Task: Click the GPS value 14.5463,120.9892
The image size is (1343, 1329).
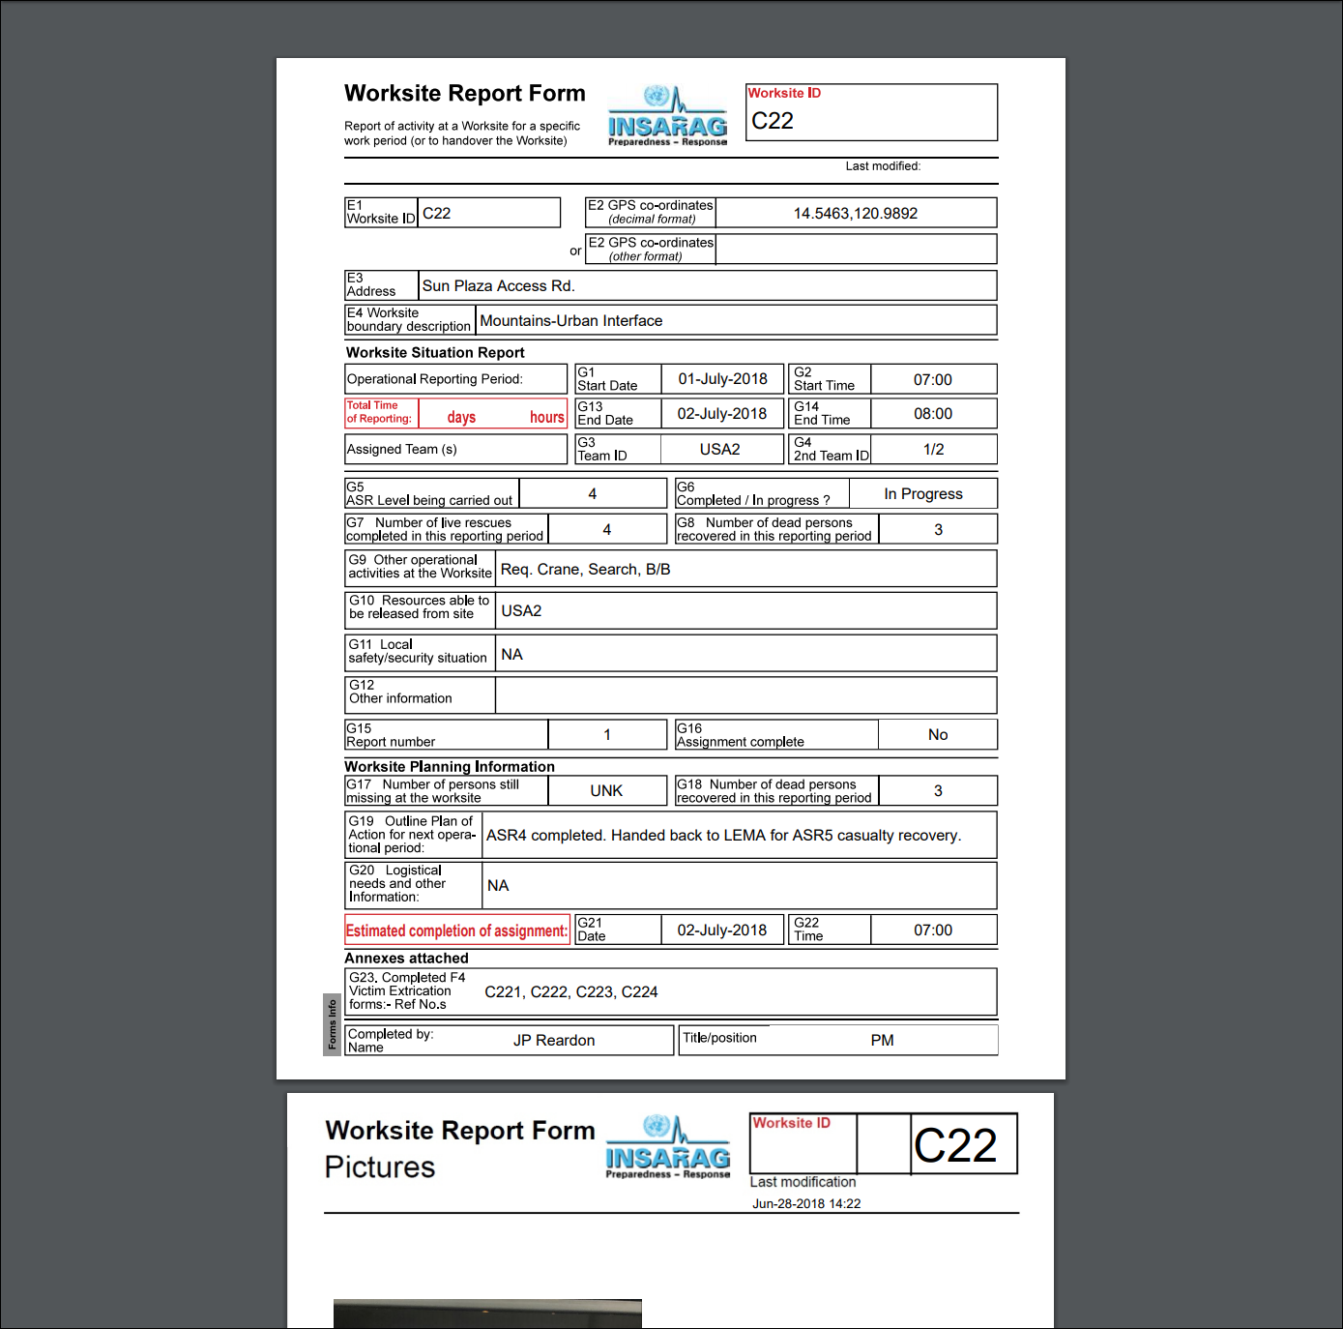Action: pos(855,214)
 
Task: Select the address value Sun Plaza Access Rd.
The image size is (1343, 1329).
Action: pos(498,286)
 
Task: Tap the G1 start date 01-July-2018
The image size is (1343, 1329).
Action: pos(722,379)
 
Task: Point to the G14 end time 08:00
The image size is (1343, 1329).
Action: pos(933,414)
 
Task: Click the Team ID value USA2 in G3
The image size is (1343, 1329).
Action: pos(719,450)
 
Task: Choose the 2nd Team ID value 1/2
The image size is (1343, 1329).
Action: pos(933,450)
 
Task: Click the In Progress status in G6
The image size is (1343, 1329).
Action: pos(922,494)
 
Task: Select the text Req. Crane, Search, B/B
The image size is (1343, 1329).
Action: pos(585,570)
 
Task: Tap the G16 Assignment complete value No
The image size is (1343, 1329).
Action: pos(937,735)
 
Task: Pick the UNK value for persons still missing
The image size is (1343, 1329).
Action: pos(606,791)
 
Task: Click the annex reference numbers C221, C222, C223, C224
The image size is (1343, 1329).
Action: pos(570,992)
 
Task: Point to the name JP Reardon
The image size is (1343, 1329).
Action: pos(553,1041)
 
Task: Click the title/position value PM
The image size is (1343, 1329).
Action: pos(882,1041)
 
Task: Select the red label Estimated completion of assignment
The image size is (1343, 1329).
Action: pos(456,930)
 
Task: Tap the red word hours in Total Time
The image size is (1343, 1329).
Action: pos(546,418)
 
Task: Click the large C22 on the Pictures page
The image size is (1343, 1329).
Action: pos(955,1146)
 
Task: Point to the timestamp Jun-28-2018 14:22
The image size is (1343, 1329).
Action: pos(806,1204)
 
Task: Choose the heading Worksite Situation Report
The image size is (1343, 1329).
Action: pos(435,353)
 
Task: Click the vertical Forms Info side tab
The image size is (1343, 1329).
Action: pos(332,1024)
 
